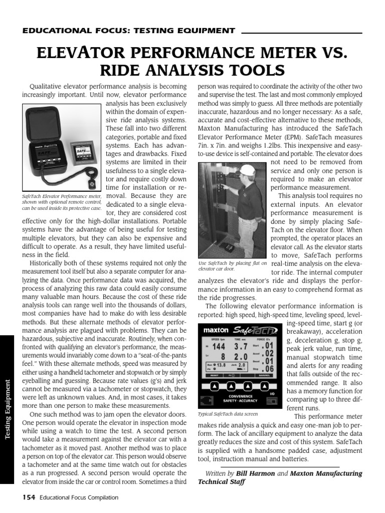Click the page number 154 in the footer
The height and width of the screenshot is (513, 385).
click(31, 497)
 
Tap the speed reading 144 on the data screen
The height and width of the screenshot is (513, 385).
click(219, 346)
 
